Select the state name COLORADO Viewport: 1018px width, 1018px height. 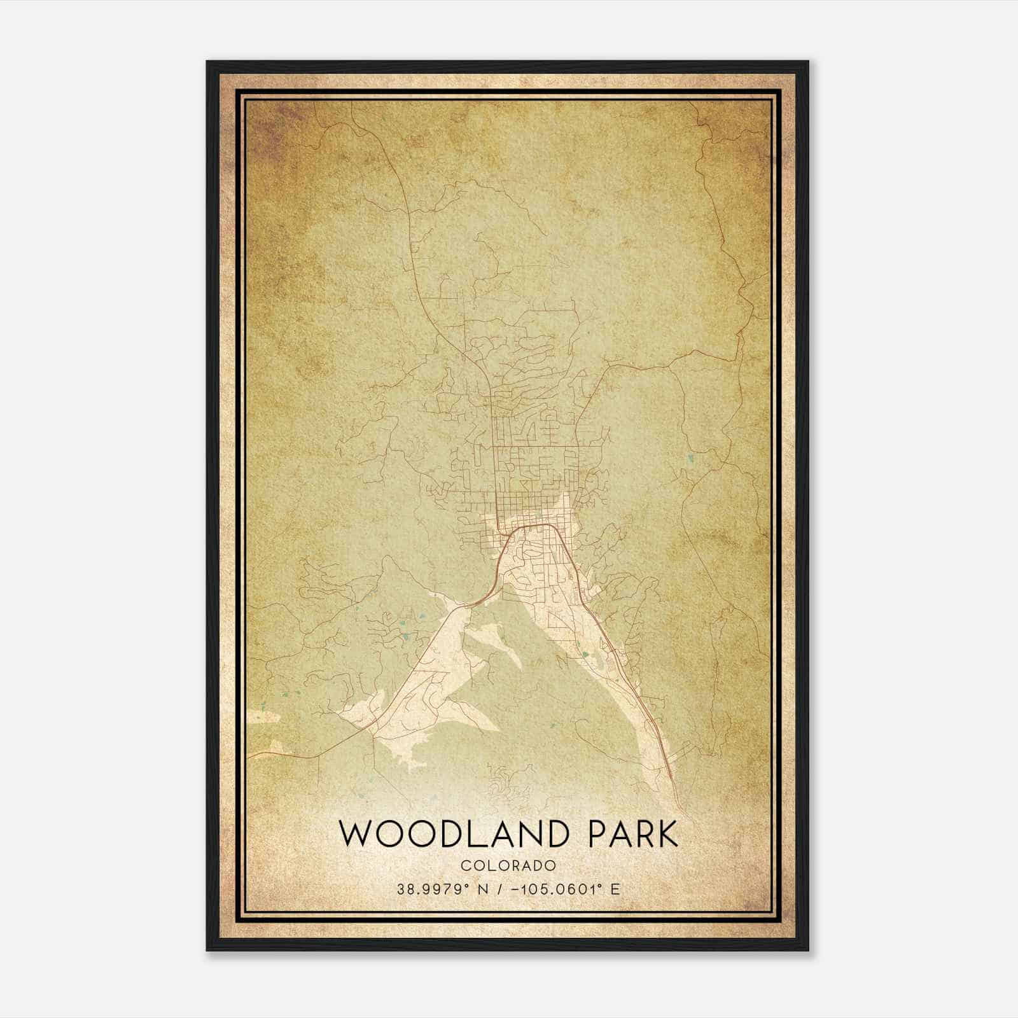[x=508, y=866]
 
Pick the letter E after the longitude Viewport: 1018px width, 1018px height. [x=615, y=889]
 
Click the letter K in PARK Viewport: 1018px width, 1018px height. [x=666, y=834]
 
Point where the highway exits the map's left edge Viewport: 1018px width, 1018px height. [x=249, y=756]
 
